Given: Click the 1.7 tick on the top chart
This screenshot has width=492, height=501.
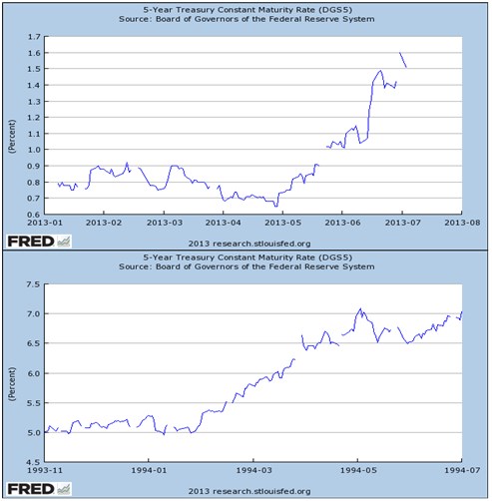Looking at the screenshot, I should click(x=34, y=37).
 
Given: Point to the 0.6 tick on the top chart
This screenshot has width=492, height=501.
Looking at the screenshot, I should click(x=34, y=215).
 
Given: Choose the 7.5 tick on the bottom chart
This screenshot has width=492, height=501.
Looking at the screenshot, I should click(x=34, y=284).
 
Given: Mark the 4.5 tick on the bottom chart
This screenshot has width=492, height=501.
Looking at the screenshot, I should click(x=34, y=462).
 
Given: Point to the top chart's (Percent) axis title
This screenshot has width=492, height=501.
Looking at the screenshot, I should click(x=11, y=126).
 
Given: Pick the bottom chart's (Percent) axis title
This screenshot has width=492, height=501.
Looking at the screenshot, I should click(x=11, y=373).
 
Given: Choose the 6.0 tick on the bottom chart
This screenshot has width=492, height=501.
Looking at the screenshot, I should click(x=34, y=373).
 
